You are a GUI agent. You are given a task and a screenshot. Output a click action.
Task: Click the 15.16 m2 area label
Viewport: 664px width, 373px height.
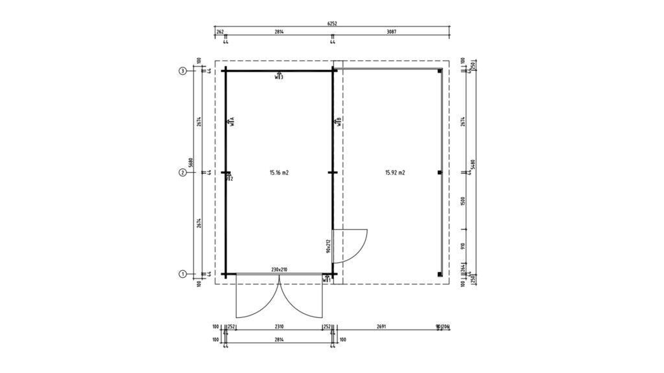click(279, 173)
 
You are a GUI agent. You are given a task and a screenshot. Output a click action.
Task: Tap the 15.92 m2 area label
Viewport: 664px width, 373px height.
click(395, 173)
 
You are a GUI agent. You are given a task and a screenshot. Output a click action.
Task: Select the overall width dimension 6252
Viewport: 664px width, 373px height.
click(332, 24)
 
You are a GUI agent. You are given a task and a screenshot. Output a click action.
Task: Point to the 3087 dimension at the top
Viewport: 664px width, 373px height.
click(391, 31)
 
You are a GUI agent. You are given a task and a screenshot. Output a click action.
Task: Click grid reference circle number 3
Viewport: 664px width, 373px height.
click(183, 71)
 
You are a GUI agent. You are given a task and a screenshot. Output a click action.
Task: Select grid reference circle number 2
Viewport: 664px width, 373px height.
click(183, 173)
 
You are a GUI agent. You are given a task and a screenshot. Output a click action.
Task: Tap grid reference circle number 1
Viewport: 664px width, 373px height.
click(183, 274)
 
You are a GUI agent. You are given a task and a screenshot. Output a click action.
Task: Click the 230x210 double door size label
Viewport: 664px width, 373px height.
click(279, 269)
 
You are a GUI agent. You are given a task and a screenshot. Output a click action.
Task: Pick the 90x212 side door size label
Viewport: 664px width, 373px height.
click(329, 245)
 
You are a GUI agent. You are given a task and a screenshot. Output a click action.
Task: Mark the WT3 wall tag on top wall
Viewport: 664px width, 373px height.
click(279, 76)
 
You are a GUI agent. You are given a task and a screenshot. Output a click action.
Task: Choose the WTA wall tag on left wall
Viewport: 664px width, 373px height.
click(231, 121)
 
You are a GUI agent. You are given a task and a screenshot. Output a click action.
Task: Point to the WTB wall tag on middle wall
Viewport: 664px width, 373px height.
click(338, 121)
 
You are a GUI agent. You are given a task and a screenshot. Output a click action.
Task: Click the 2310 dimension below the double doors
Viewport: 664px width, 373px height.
click(279, 327)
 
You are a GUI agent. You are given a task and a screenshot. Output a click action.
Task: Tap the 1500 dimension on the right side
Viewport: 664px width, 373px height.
click(462, 201)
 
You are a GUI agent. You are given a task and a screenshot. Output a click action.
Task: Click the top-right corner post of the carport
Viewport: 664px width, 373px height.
click(440, 71)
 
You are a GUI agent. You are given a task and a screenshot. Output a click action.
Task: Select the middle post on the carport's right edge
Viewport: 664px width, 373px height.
click(440, 173)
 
